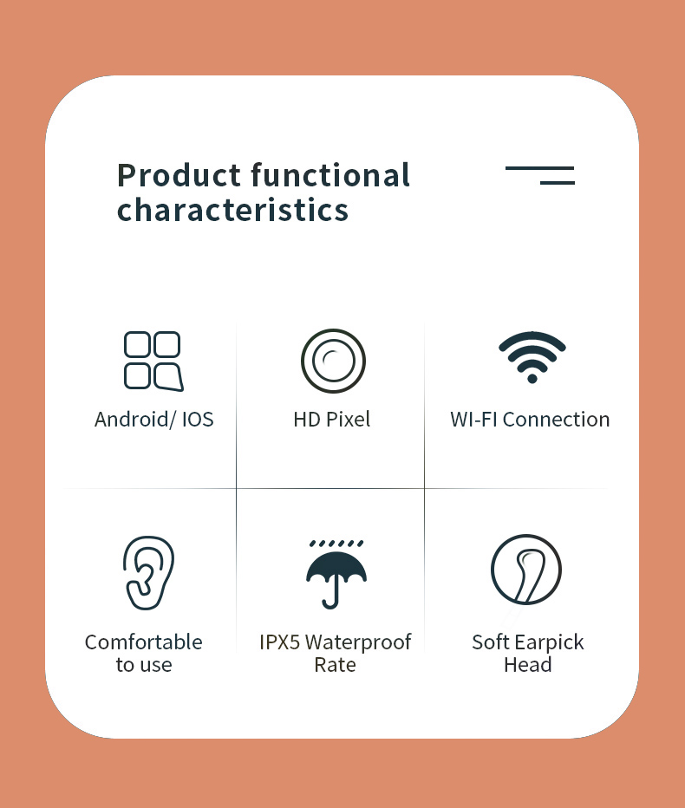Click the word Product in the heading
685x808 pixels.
click(179, 175)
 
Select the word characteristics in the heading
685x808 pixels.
click(232, 210)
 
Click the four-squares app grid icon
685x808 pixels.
click(153, 361)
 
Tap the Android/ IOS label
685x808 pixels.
click(153, 420)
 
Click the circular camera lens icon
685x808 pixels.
click(333, 361)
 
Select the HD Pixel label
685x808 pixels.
click(331, 420)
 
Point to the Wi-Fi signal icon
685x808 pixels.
click(532, 356)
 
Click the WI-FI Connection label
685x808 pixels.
click(530, 420)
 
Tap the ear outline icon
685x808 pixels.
click(148, 572)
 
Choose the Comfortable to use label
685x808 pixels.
click(144, 654)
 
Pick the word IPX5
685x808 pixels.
click(279, 642)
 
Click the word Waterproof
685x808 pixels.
click(358, 642)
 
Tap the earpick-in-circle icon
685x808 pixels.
click(526, 570)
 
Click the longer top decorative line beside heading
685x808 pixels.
click(539, 167)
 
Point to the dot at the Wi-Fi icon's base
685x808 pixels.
click(532, 378)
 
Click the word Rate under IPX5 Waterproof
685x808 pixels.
click(335, 665)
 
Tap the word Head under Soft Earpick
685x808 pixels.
click(527, 665)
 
